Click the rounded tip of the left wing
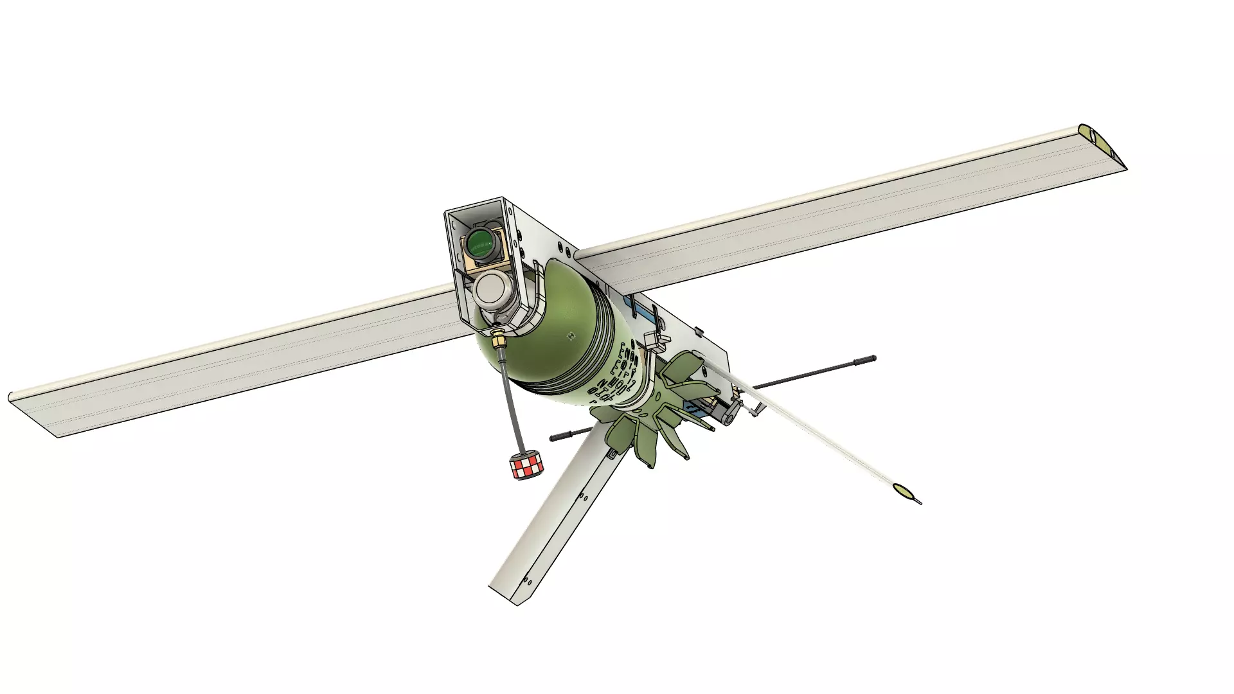12,396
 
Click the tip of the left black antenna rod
553,438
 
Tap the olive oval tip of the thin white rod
904,492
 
